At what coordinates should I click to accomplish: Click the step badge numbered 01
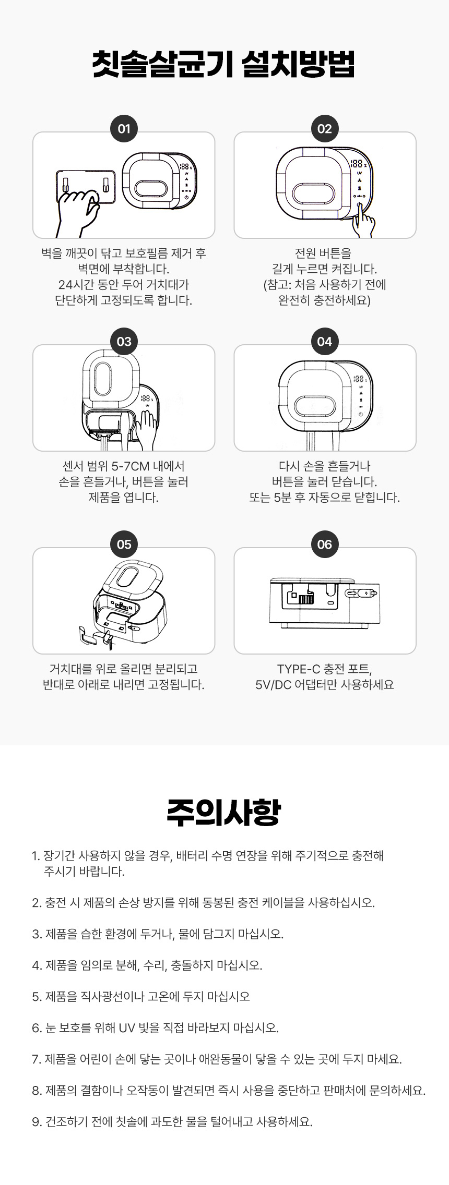[x=124, y=129]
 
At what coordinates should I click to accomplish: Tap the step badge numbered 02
[x=324, y=129]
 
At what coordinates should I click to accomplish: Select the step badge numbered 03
[x=124, y=342]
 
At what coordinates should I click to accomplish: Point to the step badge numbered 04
[x=324, y=342]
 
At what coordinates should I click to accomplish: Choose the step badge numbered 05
[x=124, y=545]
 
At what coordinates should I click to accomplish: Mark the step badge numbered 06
[x=324, y=545]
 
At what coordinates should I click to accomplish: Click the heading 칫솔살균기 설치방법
[x=224, y=65]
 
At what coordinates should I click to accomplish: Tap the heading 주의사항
[x=224, y=812]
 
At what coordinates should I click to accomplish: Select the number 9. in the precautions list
[x=37, y=1122]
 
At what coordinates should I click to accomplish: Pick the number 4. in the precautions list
[x=37, y=965]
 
